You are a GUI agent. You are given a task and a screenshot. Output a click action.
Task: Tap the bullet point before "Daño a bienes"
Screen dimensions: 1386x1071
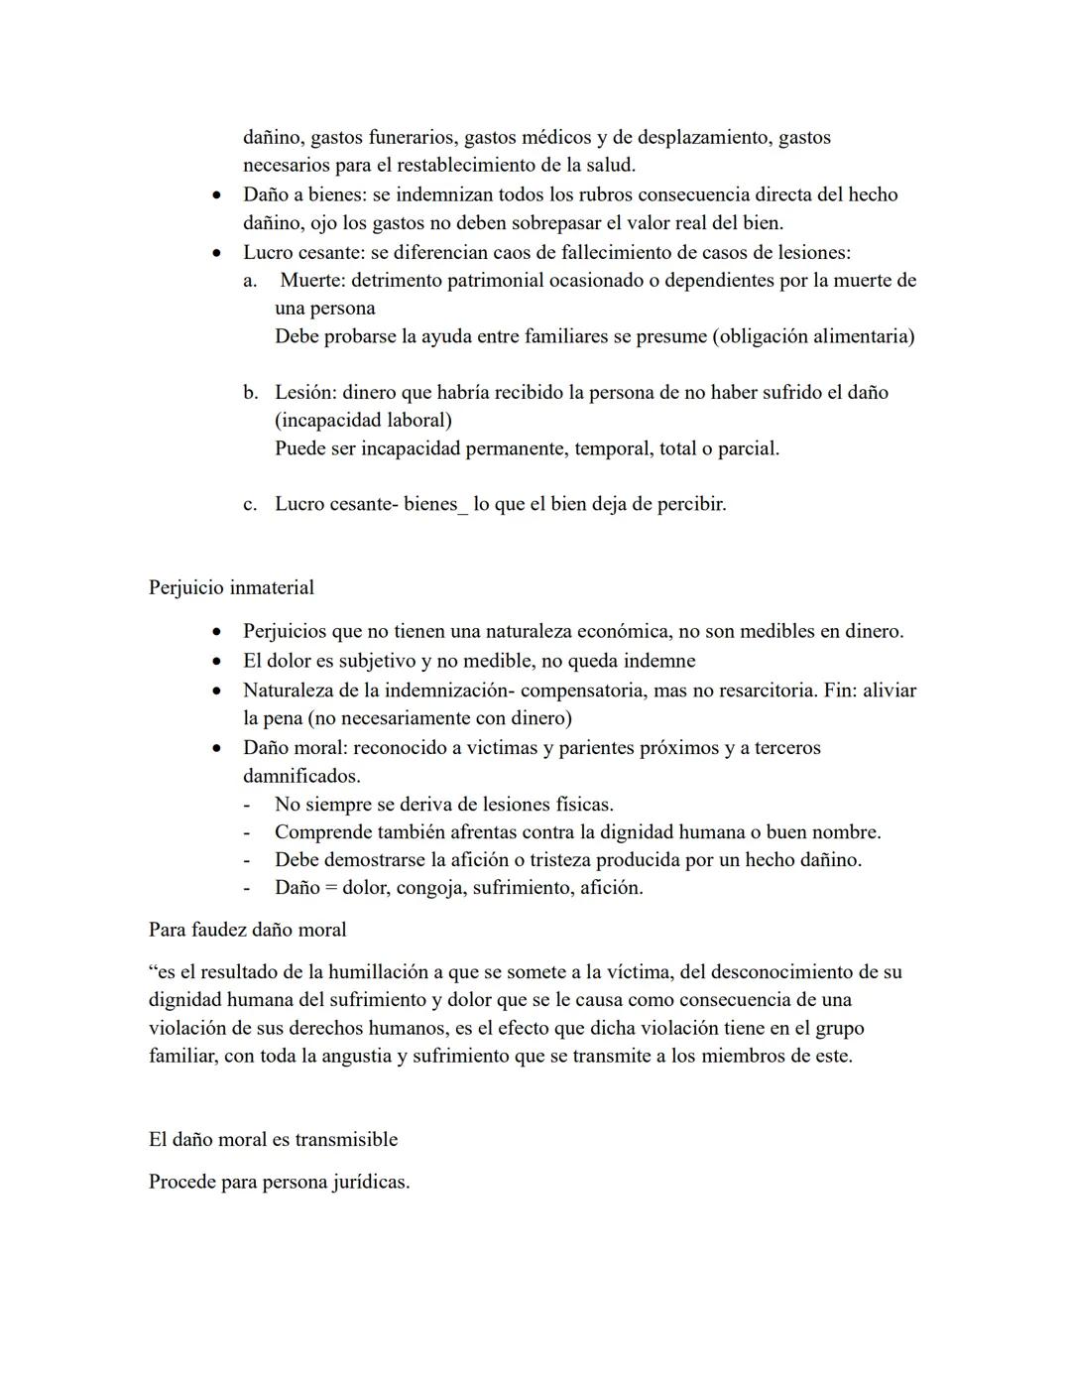(x=215, y=195)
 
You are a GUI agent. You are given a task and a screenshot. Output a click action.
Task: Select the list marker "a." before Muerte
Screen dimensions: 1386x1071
(x=251, y=281)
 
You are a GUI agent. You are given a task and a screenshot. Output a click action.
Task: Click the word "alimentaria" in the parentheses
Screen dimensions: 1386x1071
(x=859, y=336)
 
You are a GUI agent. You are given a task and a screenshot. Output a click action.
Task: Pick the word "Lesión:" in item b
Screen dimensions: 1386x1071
(x=305, y=392)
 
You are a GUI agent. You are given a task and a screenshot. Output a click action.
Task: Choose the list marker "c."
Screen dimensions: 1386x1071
(x=251, y=504)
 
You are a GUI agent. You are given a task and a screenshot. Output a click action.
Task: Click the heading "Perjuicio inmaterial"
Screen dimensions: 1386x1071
(x=231, y=587)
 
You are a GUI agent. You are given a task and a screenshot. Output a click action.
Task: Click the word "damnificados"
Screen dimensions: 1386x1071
(x=300, y=776)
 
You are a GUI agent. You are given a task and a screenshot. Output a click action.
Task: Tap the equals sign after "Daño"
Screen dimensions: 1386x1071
(x=332, y=888)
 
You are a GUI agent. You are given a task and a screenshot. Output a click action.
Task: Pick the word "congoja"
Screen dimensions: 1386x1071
(x=429, y=888)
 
